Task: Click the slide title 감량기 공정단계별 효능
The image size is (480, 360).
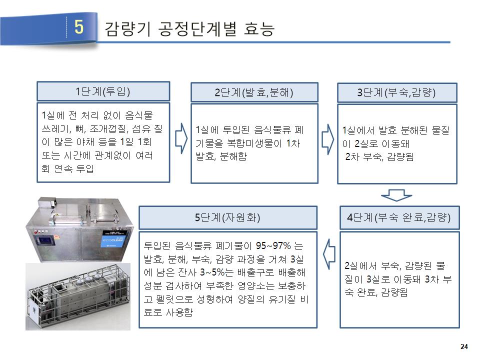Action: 190,28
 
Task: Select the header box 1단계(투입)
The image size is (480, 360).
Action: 103,91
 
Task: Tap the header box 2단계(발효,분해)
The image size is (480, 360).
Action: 254,92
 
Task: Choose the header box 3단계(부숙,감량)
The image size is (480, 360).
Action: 397,92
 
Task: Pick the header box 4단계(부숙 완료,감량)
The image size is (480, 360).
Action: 399,217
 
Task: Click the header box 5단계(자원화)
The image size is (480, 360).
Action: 227,217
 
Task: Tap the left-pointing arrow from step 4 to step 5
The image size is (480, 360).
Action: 328,254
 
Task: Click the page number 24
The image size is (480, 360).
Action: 463,347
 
